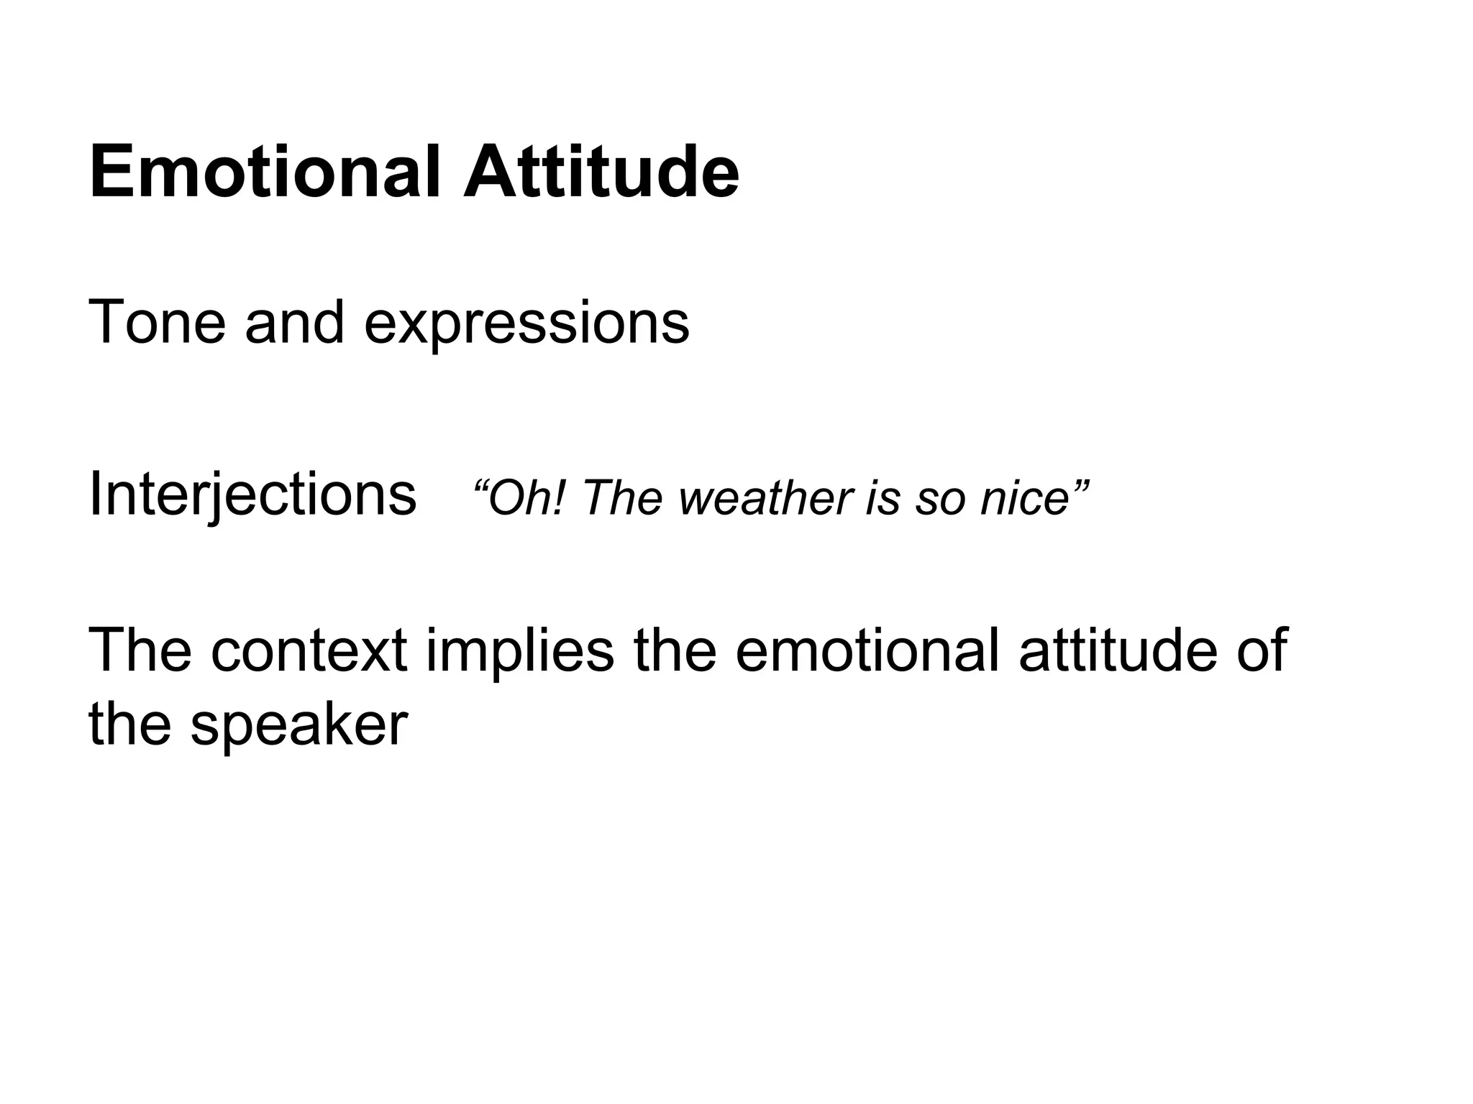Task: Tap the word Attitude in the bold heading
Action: (x=601, y=173)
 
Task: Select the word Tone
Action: (x=157, y=323)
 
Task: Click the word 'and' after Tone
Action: (x=295, y=323)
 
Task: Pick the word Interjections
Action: (x=252, y=496)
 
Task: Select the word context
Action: (x=309, y=651)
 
